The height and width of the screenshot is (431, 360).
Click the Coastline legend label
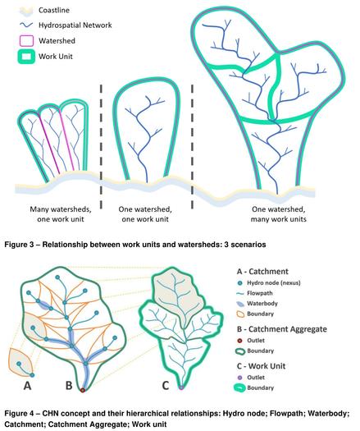tap(54, 10)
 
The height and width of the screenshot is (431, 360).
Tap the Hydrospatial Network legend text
tap(75, 25)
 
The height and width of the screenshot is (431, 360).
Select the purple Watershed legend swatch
tap(26, 41)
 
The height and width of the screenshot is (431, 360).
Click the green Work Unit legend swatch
tap(26, 57)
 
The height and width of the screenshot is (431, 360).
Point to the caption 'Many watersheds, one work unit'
tap(61, 214)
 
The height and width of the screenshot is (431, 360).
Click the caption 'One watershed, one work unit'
tap(145, 214)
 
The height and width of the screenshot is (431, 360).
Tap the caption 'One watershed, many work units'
tap(279, 214)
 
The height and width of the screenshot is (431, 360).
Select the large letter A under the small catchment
tap(27, 386)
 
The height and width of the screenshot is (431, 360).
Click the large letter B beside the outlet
tap(69, 386)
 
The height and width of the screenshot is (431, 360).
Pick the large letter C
tap(166, 386)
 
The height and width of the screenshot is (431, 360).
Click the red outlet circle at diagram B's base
tap(82, 390)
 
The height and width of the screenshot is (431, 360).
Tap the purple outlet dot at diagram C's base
tap(181, 387)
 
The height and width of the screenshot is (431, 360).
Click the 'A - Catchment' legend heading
tap(262, 272)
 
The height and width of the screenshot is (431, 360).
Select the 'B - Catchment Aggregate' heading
tap(282, 329)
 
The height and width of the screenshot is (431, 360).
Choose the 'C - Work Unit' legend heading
tap(261, 366)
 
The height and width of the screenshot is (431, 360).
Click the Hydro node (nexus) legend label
tap(274, 283)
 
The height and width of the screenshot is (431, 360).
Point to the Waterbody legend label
tap(262, 304)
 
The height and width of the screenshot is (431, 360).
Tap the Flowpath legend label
tap(260, 293)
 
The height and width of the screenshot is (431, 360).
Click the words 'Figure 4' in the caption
tap(19, 414)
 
